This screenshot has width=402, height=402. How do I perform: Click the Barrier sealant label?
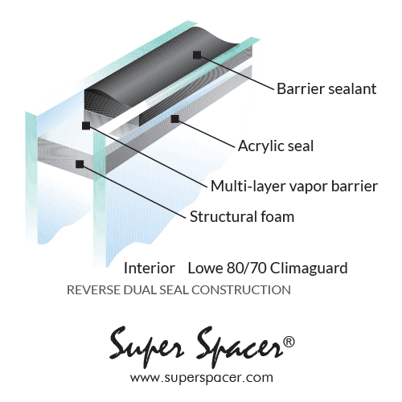pyautogui.click(x=326, y=88)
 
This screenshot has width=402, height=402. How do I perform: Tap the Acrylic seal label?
pyautogui.click(x=276, y=146)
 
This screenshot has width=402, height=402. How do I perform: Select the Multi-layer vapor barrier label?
pyautogui.click(x=294, y=186)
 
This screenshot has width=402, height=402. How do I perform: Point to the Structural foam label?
pyautogui.click(x=242, y=216)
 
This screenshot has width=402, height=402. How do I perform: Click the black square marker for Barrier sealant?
pyautogui.click(x=197, y=55)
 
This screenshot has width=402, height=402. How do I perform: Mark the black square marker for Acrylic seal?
pyautogui.click(x=175, y=119)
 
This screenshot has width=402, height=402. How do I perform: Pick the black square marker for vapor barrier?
pyautogui.click(x=86, y=125)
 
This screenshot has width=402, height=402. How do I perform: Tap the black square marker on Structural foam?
pyautogui.click(x=80, y=164)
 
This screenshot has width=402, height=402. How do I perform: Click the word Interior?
pyautogui.click(x=150, y=268)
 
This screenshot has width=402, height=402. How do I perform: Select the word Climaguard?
pyautogui.click(x=309, y=269)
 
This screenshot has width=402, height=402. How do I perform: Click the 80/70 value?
pyautogui.click(x=246, y=268)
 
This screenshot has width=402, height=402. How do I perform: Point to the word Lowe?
pyautogui.click(x=205, y=268)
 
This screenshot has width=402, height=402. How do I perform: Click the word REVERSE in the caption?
pyautogui.click(x=93, y=290)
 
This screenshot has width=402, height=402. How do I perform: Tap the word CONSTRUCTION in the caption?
pyautogui.click(x=241, y=290)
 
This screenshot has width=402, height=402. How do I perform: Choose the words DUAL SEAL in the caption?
pyautogui.click(x=156, y=290)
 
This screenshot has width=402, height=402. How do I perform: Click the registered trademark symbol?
pyautogui.click(x=289, y=342)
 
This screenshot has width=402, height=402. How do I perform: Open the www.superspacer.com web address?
pyautogui.click(x=202, y=378)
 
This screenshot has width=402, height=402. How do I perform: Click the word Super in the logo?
pyautogui.click(x=146, y=346)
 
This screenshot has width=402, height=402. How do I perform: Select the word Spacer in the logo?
pyautogui.click(x=239, y=347)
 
